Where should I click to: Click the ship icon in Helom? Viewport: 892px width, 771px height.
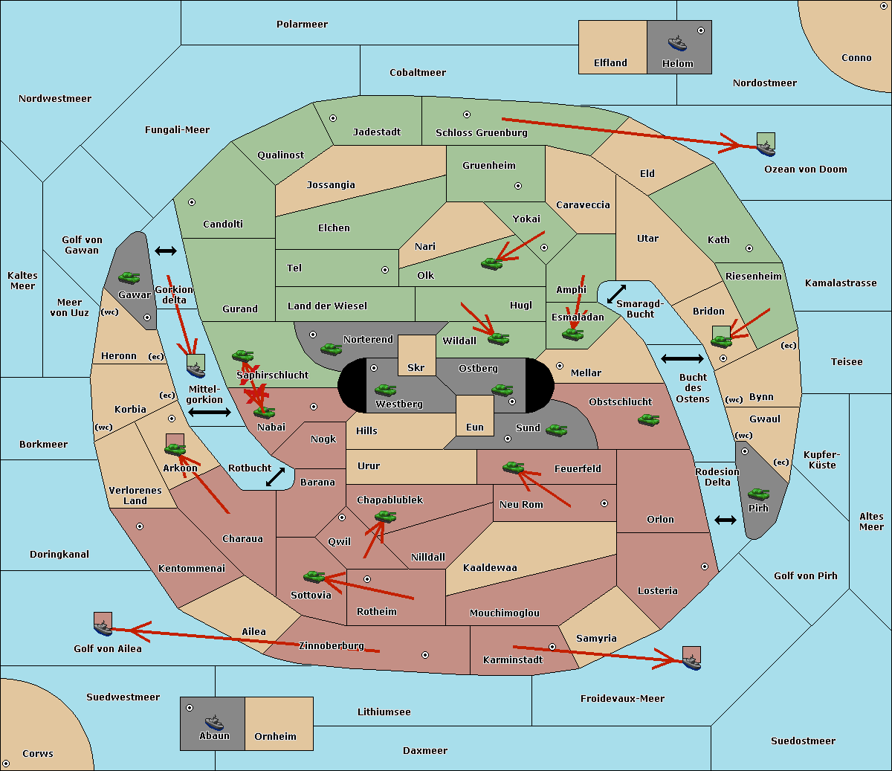click(x=677, y=44)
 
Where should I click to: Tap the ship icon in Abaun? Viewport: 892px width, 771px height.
click(x=215, y=723)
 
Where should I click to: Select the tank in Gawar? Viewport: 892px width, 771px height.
click(x=129, y=277)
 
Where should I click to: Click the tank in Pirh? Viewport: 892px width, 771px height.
click(x=758, y=494)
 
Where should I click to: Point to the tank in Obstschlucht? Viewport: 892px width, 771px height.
click(x=649, y=419)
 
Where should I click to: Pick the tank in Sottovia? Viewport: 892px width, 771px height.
click(x=314, y=577)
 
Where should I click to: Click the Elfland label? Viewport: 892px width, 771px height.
click(x=610, y=63)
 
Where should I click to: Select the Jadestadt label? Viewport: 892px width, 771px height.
click(x=377, y=132)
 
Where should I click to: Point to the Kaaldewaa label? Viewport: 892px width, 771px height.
click(x=490, y=568)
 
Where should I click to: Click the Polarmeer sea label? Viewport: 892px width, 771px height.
click(x=302, y=25)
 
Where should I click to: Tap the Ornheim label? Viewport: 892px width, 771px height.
click(x=275, y=737)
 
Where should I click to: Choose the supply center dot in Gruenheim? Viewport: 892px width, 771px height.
click(x=518, y=186)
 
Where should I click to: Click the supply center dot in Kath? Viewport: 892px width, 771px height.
click(x=749, y=248)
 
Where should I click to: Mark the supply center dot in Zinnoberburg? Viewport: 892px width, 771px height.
click(x=425, y=655)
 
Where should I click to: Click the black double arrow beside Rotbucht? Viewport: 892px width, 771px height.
click(x=275, y=477)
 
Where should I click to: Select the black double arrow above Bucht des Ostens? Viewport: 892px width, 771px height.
click(x=682, y=358)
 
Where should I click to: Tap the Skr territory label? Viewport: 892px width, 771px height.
click(x=416, y=368)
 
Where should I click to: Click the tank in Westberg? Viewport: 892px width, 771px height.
click(x=385, y=390)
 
